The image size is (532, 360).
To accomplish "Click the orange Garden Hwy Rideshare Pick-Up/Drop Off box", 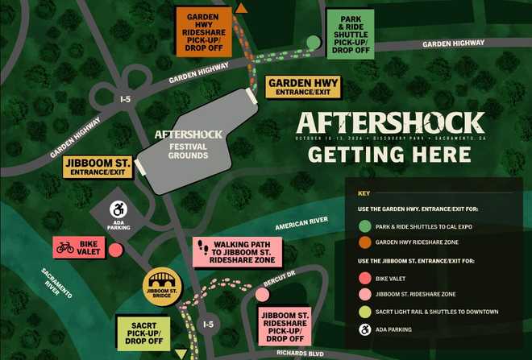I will pos(205,33).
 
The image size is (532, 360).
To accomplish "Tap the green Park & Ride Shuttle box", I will pos(351,33).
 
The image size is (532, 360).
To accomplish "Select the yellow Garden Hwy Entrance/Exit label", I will pos(304,88).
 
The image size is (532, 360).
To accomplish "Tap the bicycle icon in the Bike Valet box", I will pos(64,248).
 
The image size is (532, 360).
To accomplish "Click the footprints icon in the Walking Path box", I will pos(204,247).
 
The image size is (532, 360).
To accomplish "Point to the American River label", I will pos(301,227).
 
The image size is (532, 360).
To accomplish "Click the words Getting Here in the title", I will pos(390,155).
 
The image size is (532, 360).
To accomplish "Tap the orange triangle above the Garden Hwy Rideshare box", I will pos(241,8).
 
